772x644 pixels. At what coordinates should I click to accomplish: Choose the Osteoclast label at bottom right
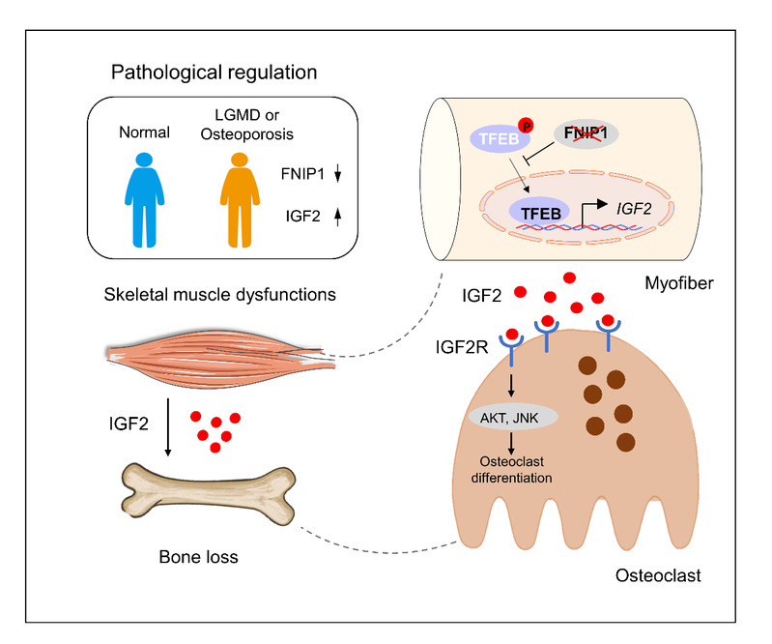[x=657, y=576]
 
